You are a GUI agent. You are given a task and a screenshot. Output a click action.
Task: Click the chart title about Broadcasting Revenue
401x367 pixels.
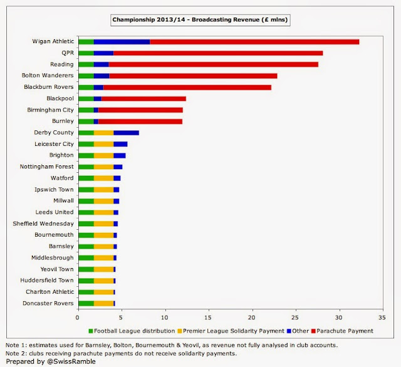point(200,20)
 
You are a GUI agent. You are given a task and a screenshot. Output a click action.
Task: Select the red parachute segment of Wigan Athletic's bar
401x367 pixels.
point(254,42)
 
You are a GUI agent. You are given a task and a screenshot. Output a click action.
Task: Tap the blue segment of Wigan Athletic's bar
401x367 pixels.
point(122,42)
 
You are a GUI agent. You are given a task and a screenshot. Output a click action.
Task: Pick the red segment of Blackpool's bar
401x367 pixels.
point(143,98)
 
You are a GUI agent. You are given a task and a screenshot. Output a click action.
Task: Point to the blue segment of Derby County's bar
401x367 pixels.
point(126,133)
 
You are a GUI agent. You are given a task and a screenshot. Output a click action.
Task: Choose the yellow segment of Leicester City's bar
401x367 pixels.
point(103,144)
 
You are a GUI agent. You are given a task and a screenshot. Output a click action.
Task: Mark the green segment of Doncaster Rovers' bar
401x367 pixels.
point(85,303)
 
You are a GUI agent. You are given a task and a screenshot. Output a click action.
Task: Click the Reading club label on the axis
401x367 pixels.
point(62,65)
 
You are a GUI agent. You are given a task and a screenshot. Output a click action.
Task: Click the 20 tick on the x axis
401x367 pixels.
point(253,318)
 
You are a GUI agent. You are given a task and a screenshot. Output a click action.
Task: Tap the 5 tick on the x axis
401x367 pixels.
point(122,318)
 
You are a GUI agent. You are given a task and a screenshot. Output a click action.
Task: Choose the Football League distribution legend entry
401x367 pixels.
point(132,331)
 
